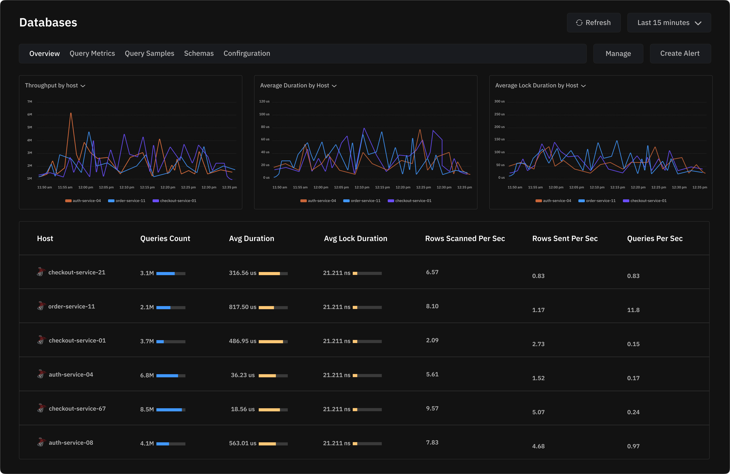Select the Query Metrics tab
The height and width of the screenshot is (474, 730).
(x=92, y=53)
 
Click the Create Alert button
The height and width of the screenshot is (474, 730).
(x=680, y=53)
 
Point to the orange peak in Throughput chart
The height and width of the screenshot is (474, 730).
(x=71, y=113)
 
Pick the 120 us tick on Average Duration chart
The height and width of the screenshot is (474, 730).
(x=264, y=101)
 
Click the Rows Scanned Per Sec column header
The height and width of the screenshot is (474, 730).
(x=465, y=239)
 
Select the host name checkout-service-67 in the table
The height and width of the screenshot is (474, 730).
(x=77, y=409)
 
